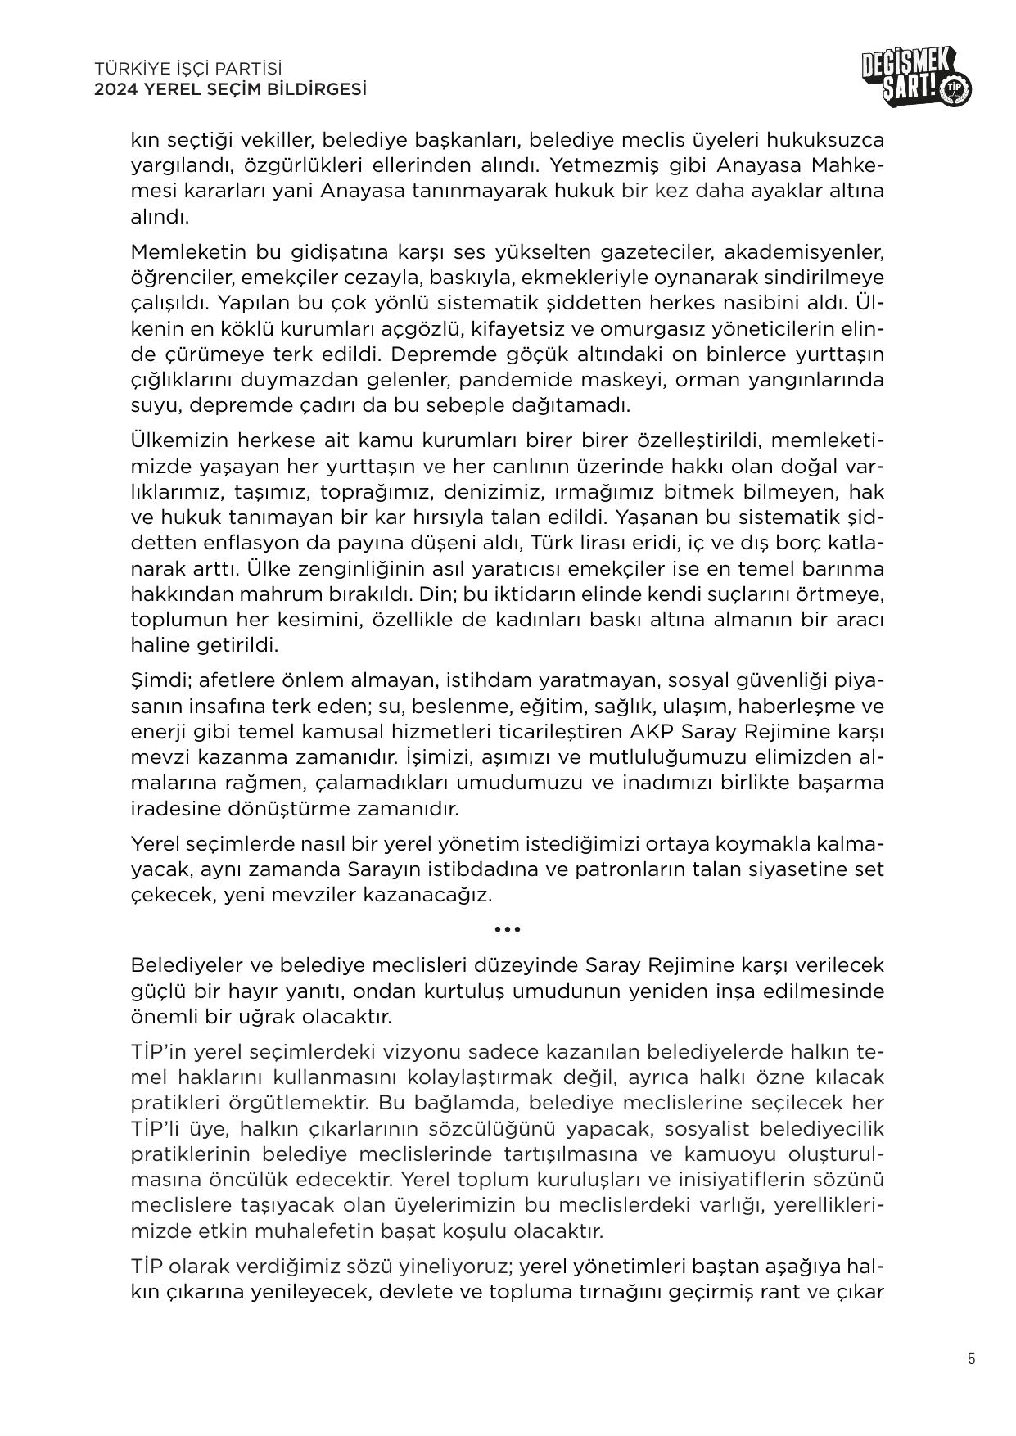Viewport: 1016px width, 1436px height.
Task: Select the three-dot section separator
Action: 508,929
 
